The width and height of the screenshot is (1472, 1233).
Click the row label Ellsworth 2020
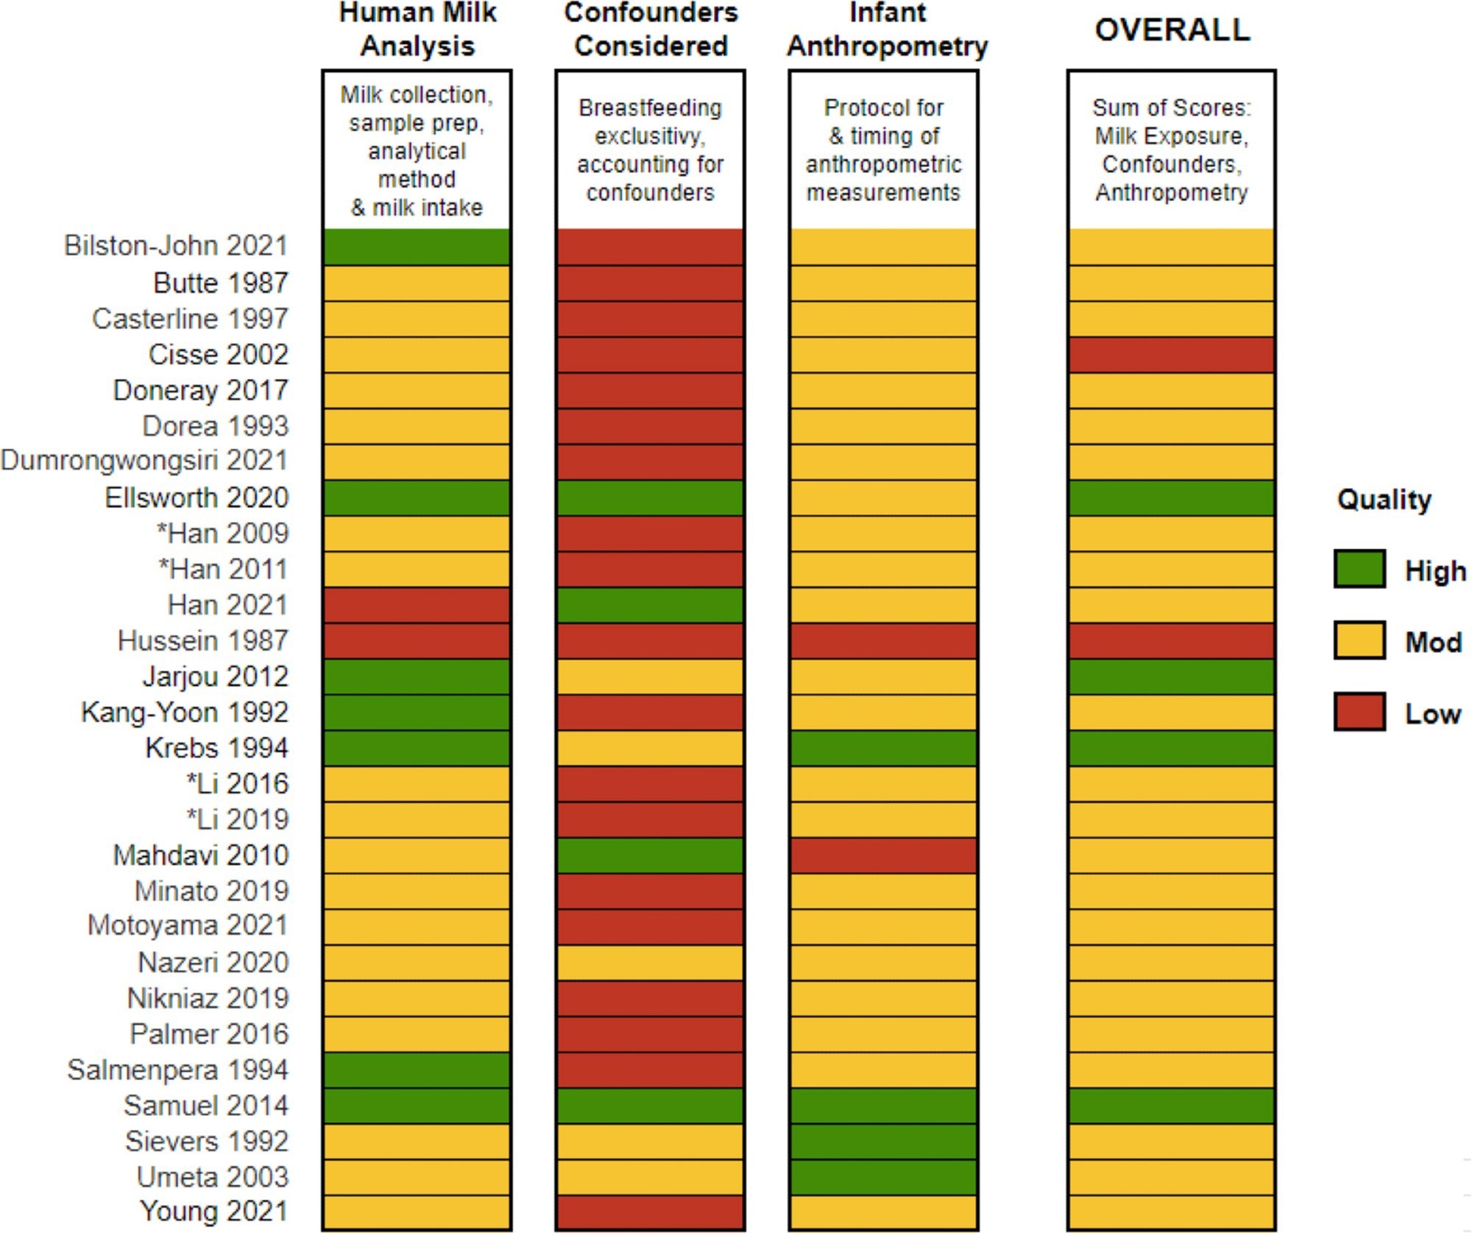pos(196,498)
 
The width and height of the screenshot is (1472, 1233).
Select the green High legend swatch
pos(1359,570)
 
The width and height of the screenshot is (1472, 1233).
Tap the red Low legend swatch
pos(1359,712)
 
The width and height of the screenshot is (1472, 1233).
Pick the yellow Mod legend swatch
pos(1359,640)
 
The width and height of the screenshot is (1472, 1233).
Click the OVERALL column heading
pos(1172,30)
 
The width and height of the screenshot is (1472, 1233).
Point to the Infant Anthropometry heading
pos(887,30)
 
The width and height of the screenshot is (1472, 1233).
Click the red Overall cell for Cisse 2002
pos(1171,355)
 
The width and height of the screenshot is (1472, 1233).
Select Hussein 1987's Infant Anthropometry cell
pos(883,641)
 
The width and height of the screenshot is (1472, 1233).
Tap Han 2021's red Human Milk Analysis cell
pos(417,605)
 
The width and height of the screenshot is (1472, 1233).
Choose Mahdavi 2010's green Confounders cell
pos(650,855)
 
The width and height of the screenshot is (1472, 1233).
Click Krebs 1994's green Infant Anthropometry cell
pos(883,748)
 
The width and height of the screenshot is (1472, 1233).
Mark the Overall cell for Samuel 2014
pos(1171,1106)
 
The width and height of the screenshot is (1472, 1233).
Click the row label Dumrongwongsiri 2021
pos(144,461)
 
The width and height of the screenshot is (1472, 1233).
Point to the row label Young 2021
pos(213,1212)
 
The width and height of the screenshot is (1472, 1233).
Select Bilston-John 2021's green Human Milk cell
pos(417,247)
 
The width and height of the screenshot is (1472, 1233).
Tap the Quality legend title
pos(1384,500)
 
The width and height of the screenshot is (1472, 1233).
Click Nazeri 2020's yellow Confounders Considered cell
pos(650,963)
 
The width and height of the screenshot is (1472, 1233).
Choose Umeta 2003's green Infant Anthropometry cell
pos(883,1177)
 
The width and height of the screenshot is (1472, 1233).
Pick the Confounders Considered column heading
pos(651,30)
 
